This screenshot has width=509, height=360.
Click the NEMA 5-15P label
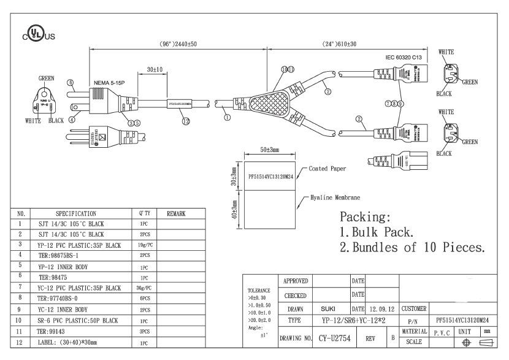110,82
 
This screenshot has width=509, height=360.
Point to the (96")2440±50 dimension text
178,45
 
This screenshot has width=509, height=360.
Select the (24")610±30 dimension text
340,45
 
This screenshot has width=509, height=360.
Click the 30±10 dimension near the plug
155,70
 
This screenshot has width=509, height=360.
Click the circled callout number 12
185,122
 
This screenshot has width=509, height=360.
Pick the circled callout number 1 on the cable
228,115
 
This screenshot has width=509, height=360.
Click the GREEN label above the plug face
47,79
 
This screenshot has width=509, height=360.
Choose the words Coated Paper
327,167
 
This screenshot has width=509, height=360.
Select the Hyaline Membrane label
334,197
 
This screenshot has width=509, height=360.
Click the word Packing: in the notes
365,217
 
